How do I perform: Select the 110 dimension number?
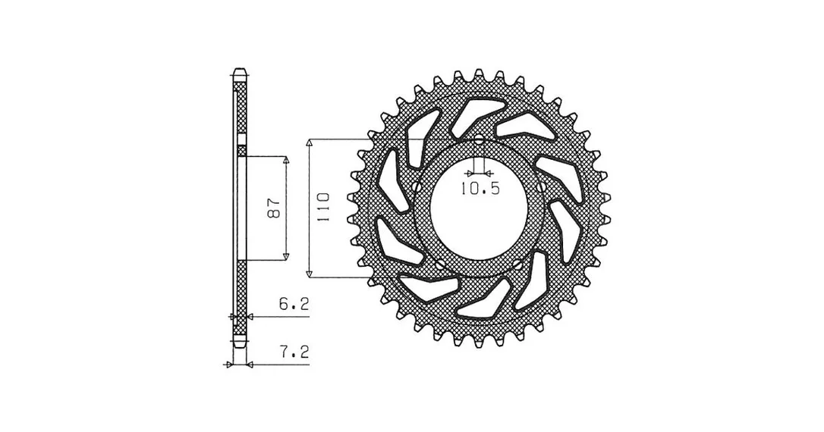point(322,208)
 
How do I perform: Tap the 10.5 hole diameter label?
point(480,189)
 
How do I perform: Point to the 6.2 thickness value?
point(294,305)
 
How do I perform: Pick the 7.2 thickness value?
point(294,352)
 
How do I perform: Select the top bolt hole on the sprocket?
point(478,139)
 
